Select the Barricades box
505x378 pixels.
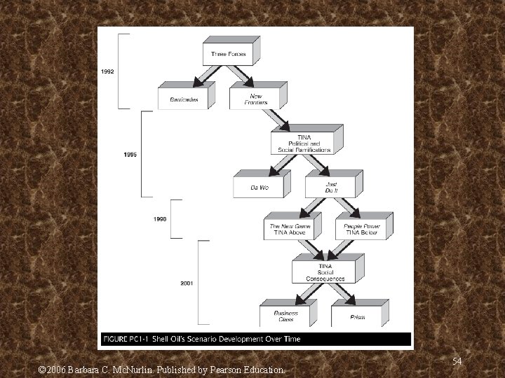(184, 99)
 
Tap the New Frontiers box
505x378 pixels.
(255, 99)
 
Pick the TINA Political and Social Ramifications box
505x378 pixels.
(304, 143)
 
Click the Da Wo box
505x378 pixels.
(260, 187)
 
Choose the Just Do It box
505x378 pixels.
(330, 187)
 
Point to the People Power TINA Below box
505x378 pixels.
(361, 228)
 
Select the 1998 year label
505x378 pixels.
(160, 219)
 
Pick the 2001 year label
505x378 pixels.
(187, 283)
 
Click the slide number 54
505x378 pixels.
(457, 361)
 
